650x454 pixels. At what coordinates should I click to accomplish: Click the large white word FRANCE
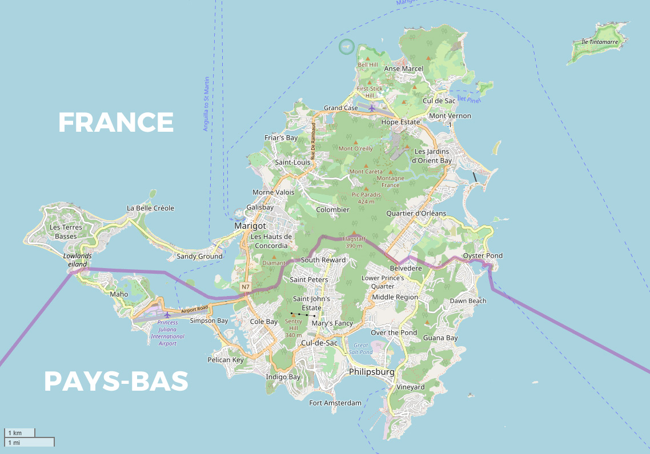[x=116, y=122]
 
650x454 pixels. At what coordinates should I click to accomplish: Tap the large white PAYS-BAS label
[x=116, y=381]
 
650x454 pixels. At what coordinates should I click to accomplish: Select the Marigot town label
[x=250, y=226]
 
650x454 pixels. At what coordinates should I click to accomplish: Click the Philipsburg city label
[x=372, y=372]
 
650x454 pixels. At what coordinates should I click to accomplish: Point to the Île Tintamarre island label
[x=599, y=42]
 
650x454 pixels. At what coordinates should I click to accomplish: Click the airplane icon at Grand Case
[x=372, y=108]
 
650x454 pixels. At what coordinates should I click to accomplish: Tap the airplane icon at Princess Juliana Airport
[x=167, y=315]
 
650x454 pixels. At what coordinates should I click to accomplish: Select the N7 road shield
[x=246, y=286]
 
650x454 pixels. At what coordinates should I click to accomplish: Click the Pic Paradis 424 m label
[x=367, y=198]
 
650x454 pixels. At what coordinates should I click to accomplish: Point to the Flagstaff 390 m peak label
[x=354, y=242]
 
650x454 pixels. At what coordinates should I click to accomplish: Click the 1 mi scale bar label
[x=14, y=442]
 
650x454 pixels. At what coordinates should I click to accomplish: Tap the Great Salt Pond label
[x=362, y=348]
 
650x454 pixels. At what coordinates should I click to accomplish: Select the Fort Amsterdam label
[x=335, y=403]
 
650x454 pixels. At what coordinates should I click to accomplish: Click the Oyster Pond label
[x=483, y=256]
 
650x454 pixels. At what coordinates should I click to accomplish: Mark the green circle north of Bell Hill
[x=346, y=47]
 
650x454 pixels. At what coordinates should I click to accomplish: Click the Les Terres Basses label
[x=66, y=232]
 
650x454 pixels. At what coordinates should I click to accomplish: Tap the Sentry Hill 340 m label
[x=293, y=328]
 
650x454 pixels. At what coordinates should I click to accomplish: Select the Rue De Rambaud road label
[x=313, y=140]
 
